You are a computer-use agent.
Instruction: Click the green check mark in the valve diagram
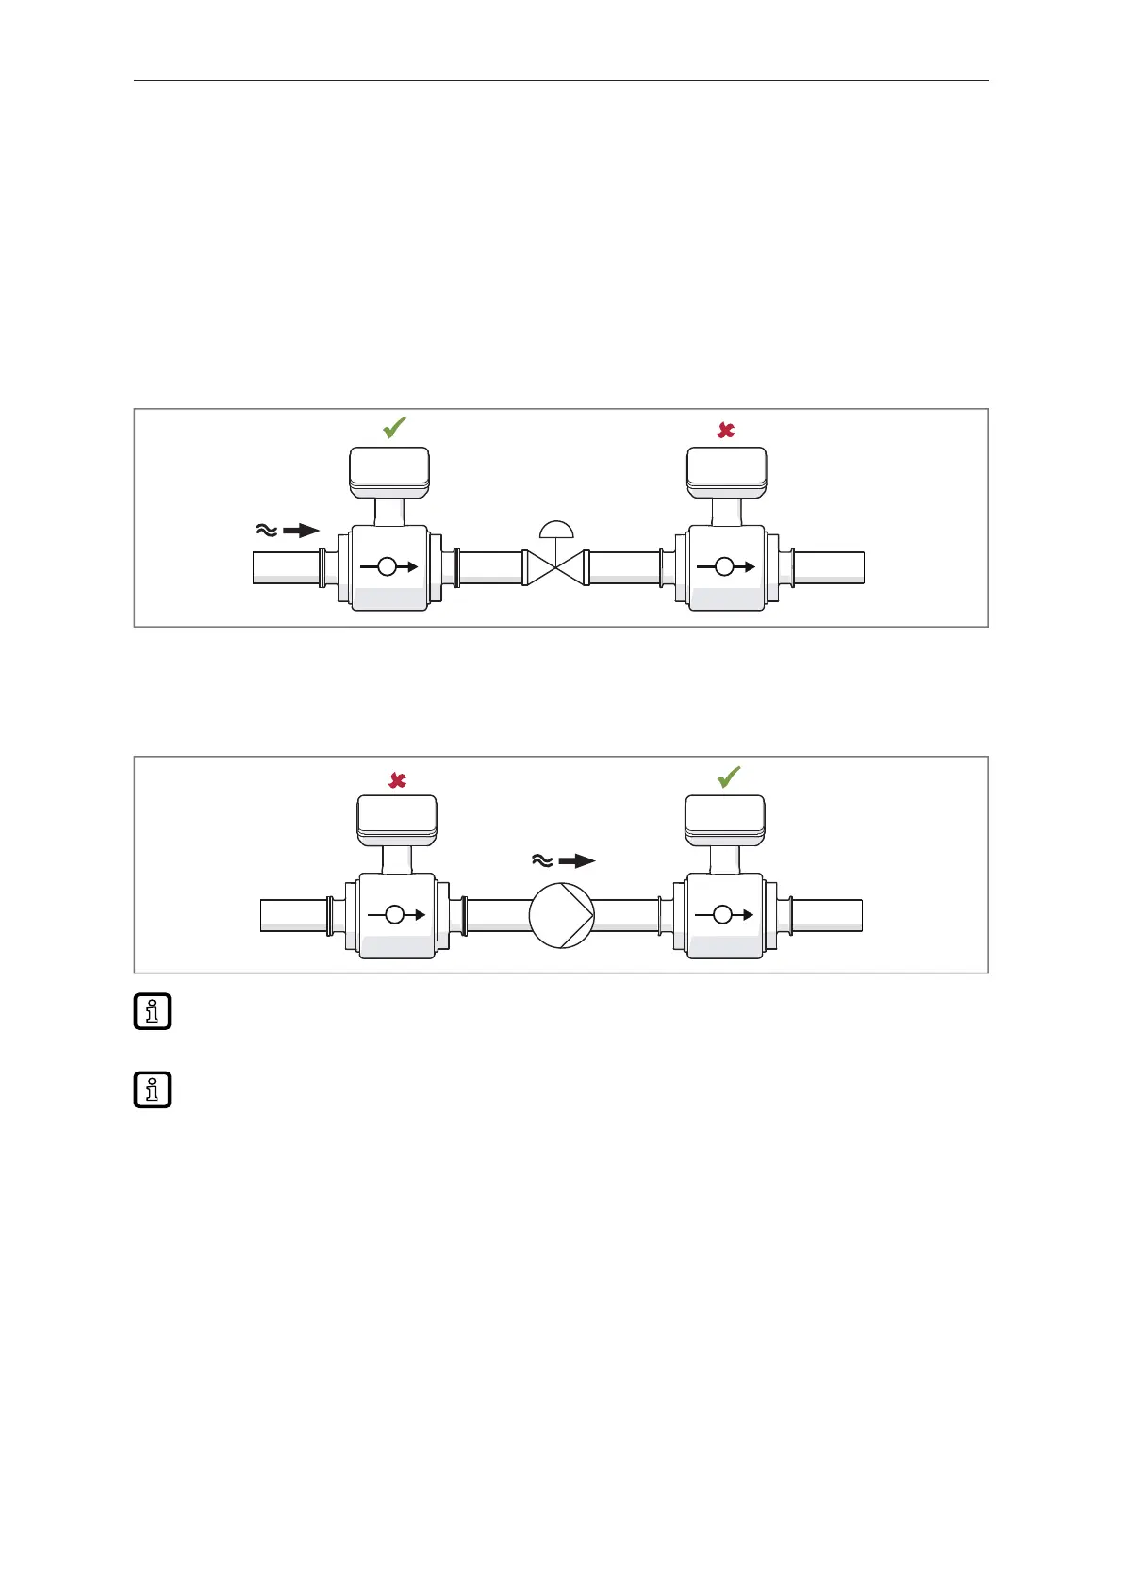click(394, 428)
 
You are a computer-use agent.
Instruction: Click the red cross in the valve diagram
click(726, 431)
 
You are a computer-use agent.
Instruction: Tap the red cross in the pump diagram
click(398, 780)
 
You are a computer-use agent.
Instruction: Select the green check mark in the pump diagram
click(728, 777)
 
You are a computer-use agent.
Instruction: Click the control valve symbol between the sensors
click(555, 567)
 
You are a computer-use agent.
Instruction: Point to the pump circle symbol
click(562, 914)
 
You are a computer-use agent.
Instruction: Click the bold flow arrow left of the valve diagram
click(302, 531)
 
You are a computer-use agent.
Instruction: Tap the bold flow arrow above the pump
click(577, 860)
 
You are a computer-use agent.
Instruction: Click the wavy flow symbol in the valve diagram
click(267, 531)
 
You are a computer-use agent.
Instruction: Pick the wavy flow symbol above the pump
click(542, 860)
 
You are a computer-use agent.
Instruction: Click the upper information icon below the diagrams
click(152, 1011)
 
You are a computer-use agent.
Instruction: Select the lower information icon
click(152, 1089)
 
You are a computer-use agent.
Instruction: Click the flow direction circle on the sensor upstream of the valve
click(387, 567)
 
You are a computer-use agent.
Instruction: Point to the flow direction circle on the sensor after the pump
click(722, 914)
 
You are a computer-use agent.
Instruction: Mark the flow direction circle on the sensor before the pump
click(395, 914)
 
